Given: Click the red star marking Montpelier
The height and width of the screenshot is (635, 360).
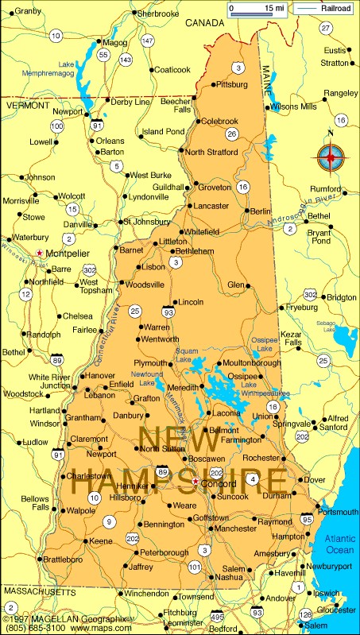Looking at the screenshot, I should pyautogui.click(x=40, y=253).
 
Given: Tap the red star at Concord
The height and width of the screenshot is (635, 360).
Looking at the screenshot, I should pyautogui.click(x=195, y=481).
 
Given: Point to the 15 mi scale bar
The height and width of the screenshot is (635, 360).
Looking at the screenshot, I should pyautogui.click(x=256, y=9).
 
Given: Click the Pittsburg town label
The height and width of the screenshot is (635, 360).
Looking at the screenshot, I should pyautogui.click(x=232, y=83).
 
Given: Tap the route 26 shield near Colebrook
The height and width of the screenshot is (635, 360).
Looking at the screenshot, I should pyautogui.click(x=231, y=134).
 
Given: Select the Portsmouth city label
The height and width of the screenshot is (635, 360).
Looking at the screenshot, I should pyautogui.click(x=339, y=512).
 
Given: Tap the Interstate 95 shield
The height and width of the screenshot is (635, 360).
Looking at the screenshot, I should pyautogui.click(x=306, y=519).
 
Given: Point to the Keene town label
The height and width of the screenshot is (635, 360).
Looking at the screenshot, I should pyautogui.click(x=100, y=540).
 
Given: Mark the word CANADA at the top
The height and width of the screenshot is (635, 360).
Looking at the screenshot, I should pyautogui.click(x=206, y=23).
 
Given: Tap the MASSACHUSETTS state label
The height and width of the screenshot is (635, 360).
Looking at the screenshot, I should pyautogui.click(x=40, y=592).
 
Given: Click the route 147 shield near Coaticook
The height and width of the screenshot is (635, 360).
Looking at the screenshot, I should pyautogui.click(x=147, y=40).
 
